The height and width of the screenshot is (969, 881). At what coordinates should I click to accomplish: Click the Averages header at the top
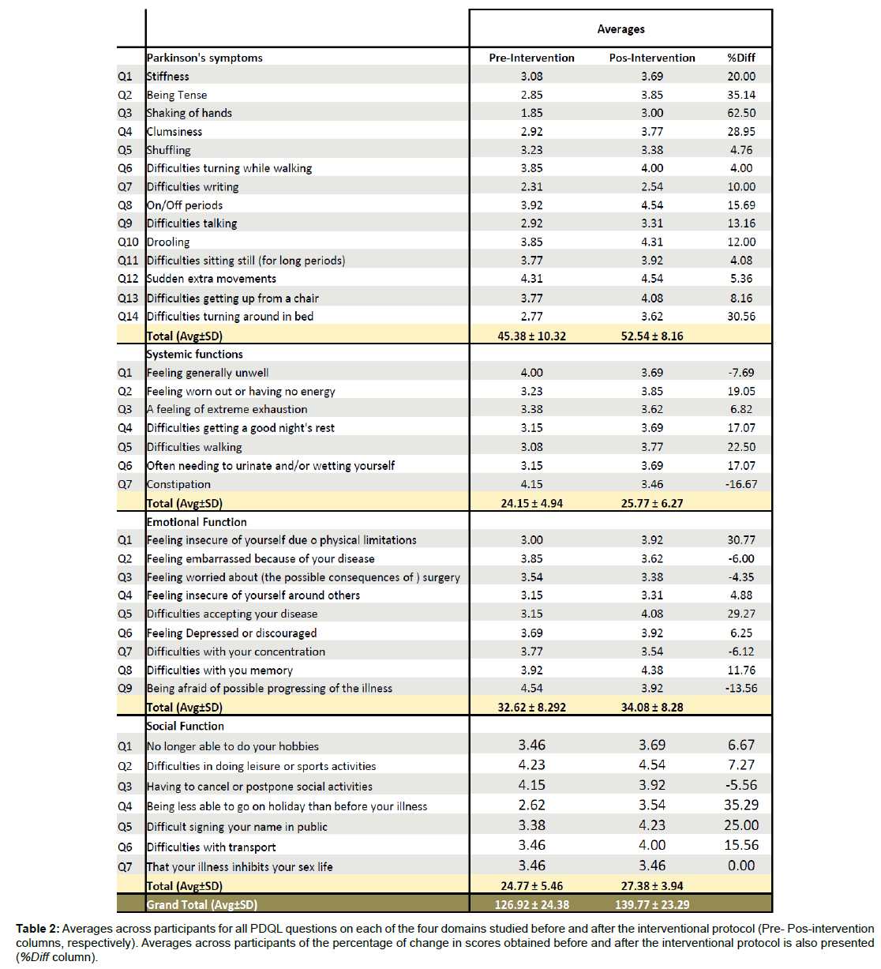click(620, 29)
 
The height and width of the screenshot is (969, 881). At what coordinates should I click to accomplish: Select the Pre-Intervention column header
click(531, 58)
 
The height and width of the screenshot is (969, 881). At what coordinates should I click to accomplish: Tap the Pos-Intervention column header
click(652, 58)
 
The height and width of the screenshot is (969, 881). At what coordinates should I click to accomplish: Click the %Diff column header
click(741, 58)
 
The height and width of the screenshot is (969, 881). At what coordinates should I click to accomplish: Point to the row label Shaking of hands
click(189, 113)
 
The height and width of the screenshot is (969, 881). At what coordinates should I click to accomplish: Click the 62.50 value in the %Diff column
click(741, 113)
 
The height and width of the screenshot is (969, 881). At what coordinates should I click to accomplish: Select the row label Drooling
click(168, 242)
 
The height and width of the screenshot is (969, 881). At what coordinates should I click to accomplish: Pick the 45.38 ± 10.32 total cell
click(531, 336)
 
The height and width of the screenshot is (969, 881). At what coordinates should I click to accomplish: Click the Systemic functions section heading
click(195, 354)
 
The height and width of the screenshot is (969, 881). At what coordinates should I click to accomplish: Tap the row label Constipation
click(179, 484)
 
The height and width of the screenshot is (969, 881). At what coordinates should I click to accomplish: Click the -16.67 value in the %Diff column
click(741, 484)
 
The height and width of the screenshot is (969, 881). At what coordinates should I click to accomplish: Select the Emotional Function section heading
click(197, 522)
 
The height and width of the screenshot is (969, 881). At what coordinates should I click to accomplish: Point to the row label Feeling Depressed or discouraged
click(231, 633)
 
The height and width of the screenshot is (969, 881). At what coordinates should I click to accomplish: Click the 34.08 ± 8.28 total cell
click(652, 707)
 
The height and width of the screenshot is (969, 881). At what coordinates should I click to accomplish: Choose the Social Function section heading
click(186, 726)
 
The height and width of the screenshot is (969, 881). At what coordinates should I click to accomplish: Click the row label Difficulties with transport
click(212, 847)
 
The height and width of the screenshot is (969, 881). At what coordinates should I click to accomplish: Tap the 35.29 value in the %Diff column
click(741, 805)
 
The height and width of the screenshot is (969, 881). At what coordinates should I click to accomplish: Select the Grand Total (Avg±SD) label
click(202, 904)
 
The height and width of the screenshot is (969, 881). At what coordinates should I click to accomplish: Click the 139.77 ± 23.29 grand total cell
click(652, 904)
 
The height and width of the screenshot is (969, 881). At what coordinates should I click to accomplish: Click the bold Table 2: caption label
click(37, 929)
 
